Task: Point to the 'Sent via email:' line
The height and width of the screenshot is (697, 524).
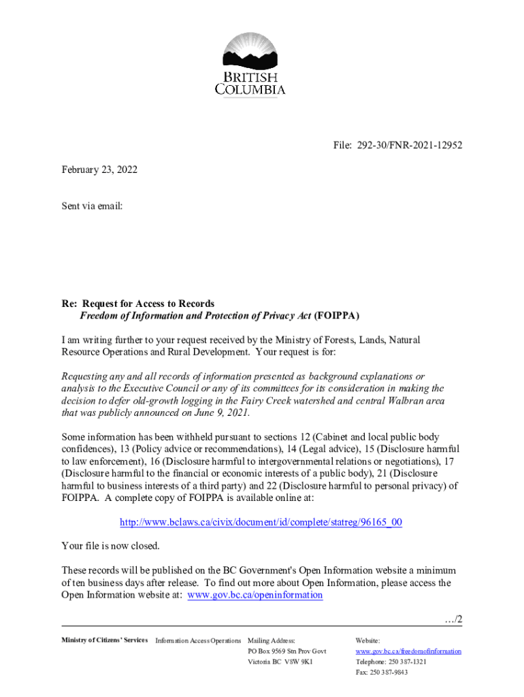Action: [x=92, y=205]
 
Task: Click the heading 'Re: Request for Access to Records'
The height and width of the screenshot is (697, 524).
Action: [x=138, y=304]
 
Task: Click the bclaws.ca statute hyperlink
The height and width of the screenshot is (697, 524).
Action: [x=261, y=522]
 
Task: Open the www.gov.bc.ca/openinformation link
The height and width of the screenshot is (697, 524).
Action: [x=255, y=595]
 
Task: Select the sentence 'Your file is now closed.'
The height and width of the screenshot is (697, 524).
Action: [x=111, y=546]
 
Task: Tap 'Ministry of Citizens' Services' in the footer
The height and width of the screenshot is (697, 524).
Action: [x=104, y=641]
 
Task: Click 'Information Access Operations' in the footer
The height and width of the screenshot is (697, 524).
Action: [x=198, y=641]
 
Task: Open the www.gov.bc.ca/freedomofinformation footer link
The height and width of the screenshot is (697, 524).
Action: [x=408, y=651]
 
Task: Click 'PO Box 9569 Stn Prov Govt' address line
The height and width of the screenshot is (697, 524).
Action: [x=287, y=651]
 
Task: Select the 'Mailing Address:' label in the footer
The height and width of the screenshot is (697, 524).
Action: [x=272, y=641]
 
